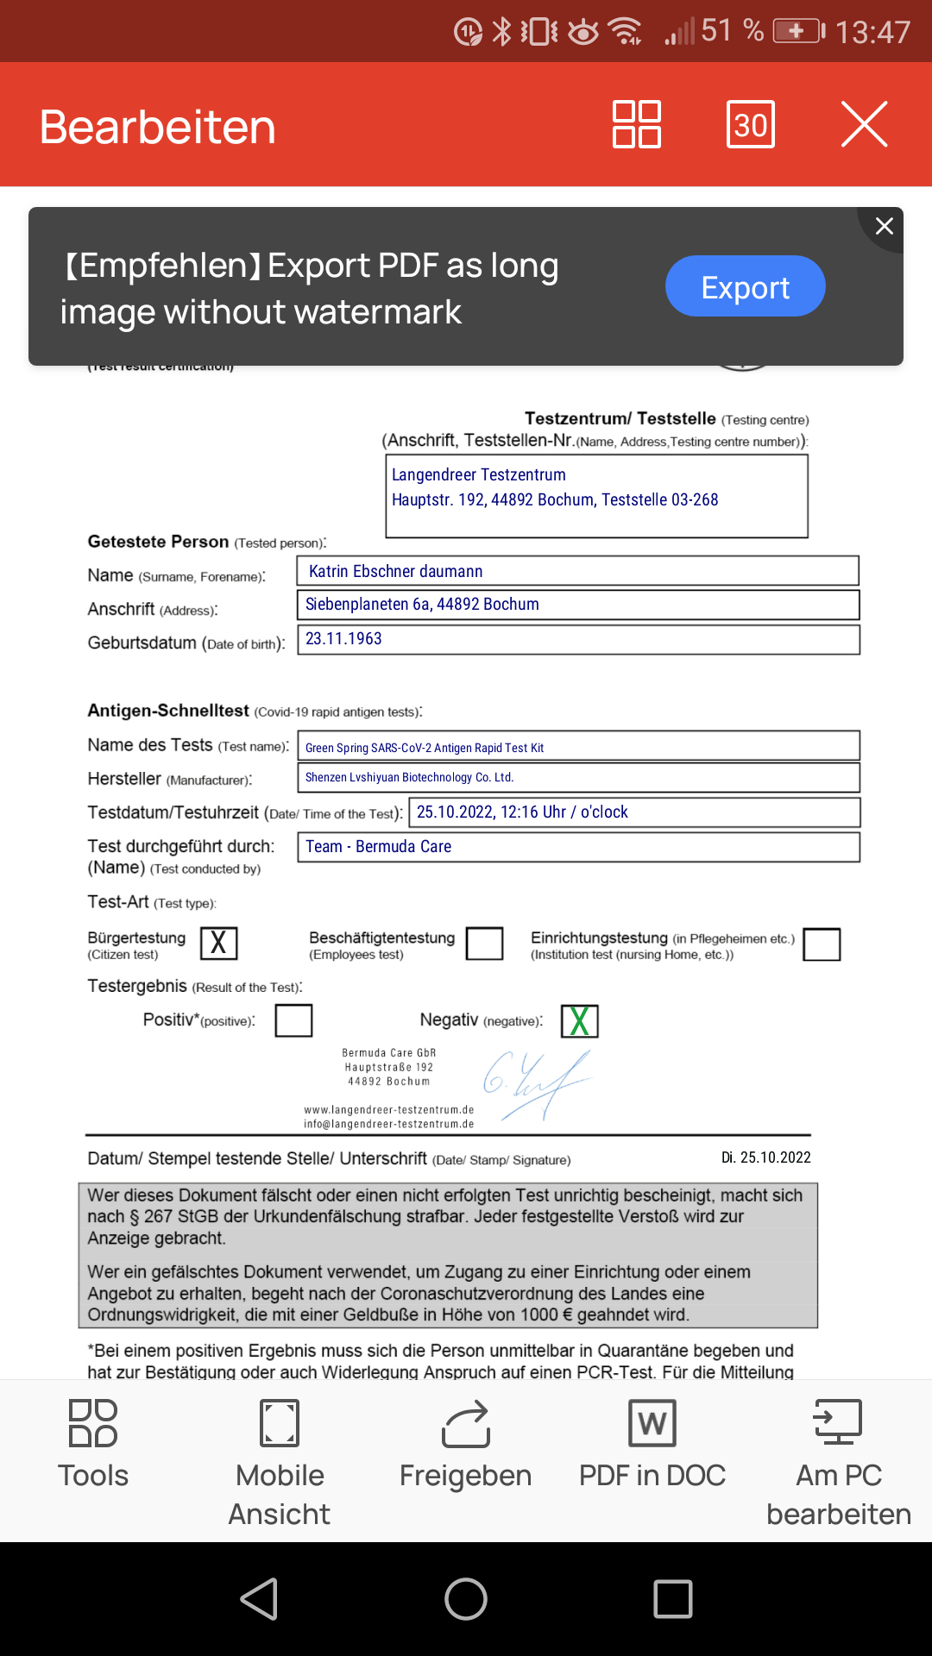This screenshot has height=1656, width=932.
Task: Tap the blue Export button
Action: coord(745,286)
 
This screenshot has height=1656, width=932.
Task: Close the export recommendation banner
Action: coord(884,226)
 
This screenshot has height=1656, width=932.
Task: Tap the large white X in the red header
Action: coord(864,125)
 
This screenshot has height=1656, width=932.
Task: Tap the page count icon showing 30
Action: coord(751,125)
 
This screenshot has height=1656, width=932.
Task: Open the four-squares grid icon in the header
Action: coord(637,125)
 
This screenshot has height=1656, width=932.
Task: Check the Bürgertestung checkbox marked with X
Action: coord(218,944)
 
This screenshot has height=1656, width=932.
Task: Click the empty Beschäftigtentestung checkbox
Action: coord(484,944)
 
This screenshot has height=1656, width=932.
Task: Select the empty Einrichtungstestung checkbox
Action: coord(822,944)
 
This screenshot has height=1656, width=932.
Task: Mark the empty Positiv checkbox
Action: coord(293,1020)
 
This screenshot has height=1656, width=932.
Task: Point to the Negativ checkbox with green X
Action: coord(580,1021)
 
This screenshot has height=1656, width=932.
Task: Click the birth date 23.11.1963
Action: coord(343,639)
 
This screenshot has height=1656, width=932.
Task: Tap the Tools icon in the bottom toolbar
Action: coord(93,1423)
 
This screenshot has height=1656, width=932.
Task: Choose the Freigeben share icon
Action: coord(466,1423)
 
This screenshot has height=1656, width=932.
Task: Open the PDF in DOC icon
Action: coord(652,1423)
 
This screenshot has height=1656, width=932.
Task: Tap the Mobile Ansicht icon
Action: coord(280,1423)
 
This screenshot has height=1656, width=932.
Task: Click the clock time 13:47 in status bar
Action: coord(872,33)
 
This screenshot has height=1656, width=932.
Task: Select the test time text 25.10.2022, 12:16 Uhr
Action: coord(491,812)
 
